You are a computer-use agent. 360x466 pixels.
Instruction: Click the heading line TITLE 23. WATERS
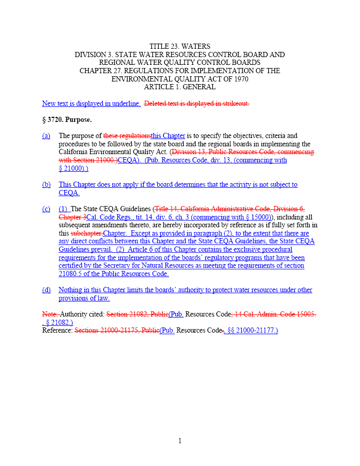point(179,47)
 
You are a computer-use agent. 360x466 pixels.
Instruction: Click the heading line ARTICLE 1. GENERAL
point(179,87)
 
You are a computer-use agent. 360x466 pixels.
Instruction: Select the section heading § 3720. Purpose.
point(66,120)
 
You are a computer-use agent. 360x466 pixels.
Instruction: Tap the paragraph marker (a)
point(46,136)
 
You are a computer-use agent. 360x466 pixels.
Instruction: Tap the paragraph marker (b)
point(46,185)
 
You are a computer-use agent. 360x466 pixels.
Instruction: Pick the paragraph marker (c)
point(46,209)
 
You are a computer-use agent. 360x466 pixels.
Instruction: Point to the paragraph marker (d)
point(46,290)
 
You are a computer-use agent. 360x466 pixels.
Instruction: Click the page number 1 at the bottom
point(179,441)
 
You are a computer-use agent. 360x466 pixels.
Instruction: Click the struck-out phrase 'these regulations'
point(127,136)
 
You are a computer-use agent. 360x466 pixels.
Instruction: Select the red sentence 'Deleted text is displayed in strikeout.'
point(196,103)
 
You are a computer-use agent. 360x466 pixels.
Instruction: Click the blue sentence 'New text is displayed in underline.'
point(91,103)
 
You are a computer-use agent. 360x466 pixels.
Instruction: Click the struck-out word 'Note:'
point(50,314)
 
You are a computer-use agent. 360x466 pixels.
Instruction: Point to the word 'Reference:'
point(58,331)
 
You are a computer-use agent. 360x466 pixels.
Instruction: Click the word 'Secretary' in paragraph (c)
point(113,266)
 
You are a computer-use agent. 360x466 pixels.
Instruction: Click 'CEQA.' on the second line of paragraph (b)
point(69,193)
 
